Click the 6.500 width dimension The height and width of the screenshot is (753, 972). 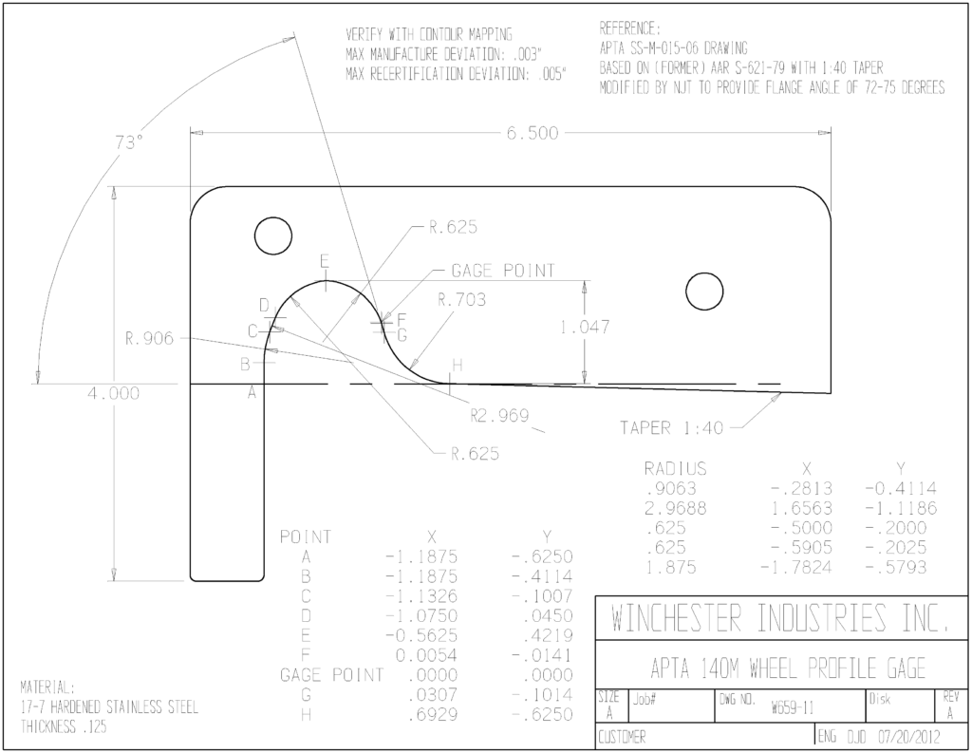532,133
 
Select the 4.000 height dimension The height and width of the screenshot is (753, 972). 113,393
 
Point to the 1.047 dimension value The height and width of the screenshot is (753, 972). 585,327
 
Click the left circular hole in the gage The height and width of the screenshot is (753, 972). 273,235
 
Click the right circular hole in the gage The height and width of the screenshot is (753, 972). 704,291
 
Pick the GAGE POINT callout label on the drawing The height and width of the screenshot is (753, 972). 503,271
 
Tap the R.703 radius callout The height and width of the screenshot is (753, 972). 462,300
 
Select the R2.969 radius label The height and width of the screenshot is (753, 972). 499,416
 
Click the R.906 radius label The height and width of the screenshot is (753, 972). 149,339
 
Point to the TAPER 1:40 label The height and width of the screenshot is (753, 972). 671,428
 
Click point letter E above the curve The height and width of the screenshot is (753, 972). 325,261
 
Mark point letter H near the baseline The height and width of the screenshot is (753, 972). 458,366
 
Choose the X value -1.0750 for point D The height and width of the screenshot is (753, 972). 421,616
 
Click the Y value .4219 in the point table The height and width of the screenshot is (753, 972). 548,636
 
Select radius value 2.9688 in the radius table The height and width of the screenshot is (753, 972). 675,509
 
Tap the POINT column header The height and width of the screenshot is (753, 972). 306,537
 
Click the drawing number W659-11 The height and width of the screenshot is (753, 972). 793,707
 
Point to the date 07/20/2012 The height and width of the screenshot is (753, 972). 908,737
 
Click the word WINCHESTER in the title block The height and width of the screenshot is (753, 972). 676,617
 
